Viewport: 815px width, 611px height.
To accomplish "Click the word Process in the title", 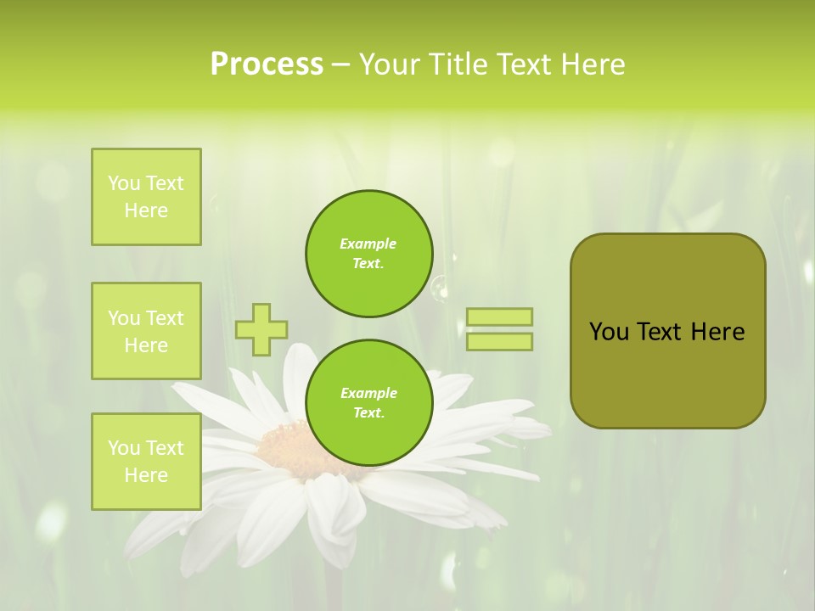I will (x=267, y=64).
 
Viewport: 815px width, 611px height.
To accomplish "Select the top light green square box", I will (x=146, y=197).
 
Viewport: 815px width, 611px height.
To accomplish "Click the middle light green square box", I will (x=146, y=331).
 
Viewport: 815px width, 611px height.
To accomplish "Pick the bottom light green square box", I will (x=146, y=462).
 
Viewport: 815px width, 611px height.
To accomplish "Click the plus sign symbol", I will (x=261, y=329).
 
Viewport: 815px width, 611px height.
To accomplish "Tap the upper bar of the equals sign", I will (x=499, y=317).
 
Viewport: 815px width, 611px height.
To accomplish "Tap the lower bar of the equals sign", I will (x=499, y=341).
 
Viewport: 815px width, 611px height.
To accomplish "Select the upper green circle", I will (x=369, y=254).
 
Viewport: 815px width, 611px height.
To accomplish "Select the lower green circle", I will (x=369, y=403).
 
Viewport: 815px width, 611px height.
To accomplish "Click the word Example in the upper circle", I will (x=368, y=244).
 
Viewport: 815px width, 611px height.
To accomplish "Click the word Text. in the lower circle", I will (x=368, y=413).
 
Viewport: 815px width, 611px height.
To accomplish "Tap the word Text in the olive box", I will (x=659, y=332).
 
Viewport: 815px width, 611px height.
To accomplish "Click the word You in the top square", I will (x=124, y=183).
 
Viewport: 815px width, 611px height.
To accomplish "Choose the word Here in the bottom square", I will (x=146, y=475).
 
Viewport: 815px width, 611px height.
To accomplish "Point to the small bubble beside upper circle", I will (x=440, y=289).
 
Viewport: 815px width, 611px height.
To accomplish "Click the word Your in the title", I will (x=390, y=64).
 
